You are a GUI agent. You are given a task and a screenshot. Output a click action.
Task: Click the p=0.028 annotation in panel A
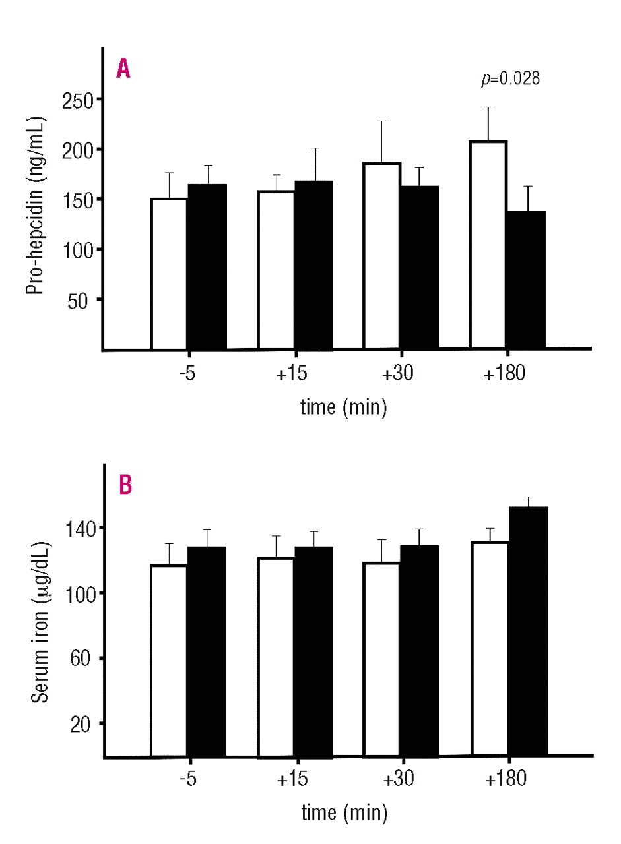[510, 80]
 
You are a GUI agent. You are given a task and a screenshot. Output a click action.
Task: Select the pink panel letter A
[123, 69]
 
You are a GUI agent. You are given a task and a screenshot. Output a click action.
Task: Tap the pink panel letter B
[125, 485]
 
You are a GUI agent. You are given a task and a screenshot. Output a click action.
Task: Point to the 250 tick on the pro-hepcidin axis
[78, 100]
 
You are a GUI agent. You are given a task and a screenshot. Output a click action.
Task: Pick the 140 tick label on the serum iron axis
[79, 528]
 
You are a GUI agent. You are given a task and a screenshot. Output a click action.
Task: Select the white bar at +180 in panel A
[488, 244]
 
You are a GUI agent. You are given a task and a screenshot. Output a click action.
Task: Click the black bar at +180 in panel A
[526, 280]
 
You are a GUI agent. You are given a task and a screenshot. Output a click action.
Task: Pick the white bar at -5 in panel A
[169, 273]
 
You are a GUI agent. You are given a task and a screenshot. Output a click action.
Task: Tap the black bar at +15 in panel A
[313, 264]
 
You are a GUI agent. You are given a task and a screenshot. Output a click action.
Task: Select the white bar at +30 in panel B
[381, 659]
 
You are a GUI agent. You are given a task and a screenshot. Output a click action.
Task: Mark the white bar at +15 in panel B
[276, 656]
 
